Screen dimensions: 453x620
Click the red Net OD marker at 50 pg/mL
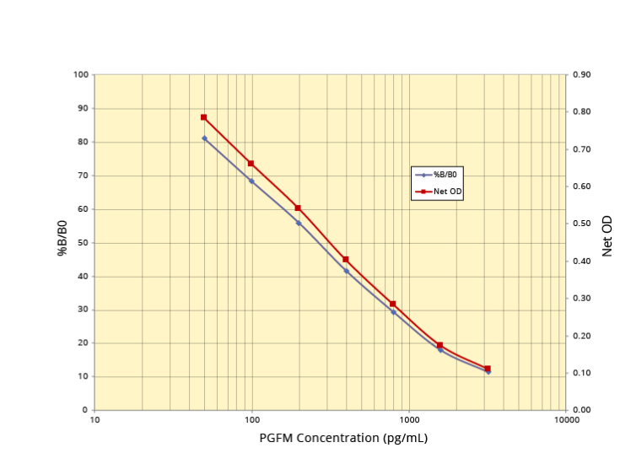click(x=204, y=117)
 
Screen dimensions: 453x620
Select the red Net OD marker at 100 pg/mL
click(x=251, y=163)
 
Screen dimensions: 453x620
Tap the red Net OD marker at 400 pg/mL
click(x=346, y=259)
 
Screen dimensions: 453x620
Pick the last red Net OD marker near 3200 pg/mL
click(x=488, y=369)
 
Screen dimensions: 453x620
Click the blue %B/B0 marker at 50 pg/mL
click(x=204, y=138)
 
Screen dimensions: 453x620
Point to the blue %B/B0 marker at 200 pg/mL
click(x=299, y=223)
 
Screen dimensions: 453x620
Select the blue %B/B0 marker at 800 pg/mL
click(x=393, y=312)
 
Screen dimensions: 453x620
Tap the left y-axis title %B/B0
click(x=62, y=238)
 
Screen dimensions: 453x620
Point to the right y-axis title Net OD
click(x=607, y=237)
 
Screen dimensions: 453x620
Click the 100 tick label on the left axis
click(x=81, y=75)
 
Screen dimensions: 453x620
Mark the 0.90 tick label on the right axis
click(x=582, y=75)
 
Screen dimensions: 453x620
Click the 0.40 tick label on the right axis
click(x=582, y=262)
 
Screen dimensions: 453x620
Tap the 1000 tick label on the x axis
click(x=409, y=419)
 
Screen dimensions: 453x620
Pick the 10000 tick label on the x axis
click(x=566, y=419)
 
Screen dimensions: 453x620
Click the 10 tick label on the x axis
click(x=94, y=419)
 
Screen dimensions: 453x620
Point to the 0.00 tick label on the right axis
click(x=582, y=410)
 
